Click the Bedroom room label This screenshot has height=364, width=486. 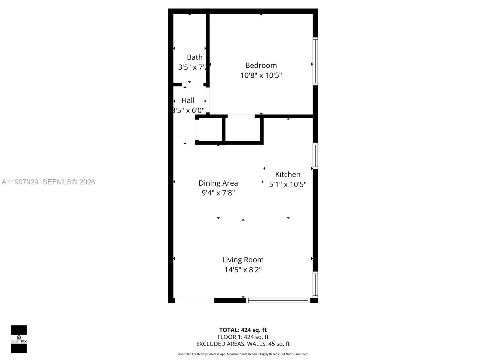coord(261,65)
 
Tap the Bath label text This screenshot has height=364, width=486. coord(195,57)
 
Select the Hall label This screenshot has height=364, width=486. coord(188,100)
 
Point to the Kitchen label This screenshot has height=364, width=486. coord(288,174)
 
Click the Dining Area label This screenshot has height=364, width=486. coord(218,183)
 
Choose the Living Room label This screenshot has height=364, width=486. coord(243,260)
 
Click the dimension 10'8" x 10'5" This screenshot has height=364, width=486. coord(261,75)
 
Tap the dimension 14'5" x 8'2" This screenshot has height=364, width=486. coord(243,270)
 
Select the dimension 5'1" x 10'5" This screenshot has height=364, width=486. coord(288,184)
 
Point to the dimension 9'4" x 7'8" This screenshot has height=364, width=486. coord(218,193)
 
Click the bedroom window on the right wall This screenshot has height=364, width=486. coord(315,61)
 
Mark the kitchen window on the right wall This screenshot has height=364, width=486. coord(315,156)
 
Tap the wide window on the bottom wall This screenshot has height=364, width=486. coord(278,300)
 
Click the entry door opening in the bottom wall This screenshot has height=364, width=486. coord(194,300)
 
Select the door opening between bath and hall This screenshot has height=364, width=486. coord(193,85)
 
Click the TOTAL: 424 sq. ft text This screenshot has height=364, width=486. coord(243,330)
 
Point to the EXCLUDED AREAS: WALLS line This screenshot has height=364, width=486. coord(243,344)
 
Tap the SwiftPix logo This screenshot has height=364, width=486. coord(19,339)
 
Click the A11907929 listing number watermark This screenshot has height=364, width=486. coord(20,182)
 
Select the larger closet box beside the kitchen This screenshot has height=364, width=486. coord(243,130)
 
